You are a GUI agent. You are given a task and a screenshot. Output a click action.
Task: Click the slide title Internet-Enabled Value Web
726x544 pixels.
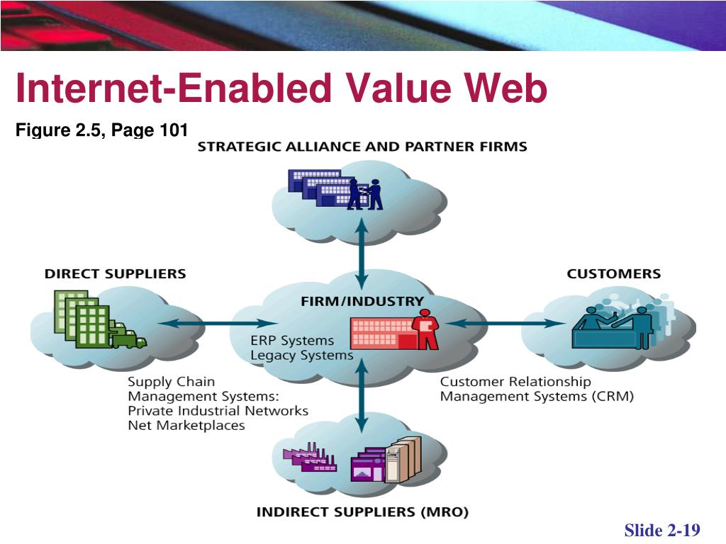click(281, 91)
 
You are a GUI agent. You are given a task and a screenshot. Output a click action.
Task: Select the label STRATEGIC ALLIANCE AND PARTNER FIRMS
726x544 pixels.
click(362, 147)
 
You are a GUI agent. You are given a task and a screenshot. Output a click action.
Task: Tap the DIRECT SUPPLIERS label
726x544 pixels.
click(115, 273)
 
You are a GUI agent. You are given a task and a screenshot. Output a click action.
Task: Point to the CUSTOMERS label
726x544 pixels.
click(613, 273)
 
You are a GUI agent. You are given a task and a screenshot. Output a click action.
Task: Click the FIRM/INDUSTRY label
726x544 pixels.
click(362, 301)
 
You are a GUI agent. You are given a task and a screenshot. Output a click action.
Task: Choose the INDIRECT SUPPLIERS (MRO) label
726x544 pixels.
click(362, 511)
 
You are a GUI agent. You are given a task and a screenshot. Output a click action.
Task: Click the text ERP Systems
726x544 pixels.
click(291, 340)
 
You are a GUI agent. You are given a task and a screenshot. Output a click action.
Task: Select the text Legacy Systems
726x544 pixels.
click(301, 356)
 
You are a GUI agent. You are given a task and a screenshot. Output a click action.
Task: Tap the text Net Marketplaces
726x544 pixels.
click(186, 426)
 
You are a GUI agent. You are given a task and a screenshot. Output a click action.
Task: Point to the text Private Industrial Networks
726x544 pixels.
click(218, 411)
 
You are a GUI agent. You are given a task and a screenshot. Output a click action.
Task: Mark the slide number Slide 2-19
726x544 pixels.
click(662, 531)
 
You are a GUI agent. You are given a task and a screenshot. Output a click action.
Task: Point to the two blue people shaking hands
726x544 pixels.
click(364, 193)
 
